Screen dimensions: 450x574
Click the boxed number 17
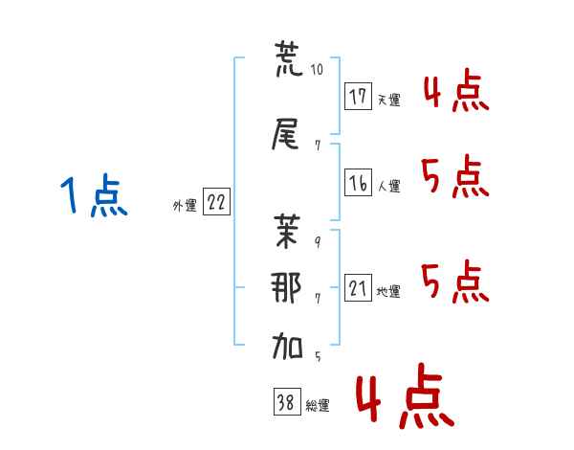359,96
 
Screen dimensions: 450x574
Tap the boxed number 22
217,203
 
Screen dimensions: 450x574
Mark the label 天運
388,99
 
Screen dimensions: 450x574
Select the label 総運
318,406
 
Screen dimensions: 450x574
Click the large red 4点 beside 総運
404,399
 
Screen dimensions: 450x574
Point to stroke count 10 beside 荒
318,69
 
